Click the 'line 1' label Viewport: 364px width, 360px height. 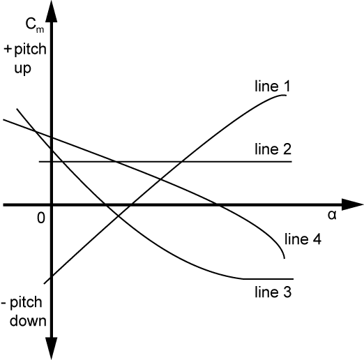point(273,86)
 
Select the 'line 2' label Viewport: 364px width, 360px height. point(273,149)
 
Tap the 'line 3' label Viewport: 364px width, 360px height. point(273,292)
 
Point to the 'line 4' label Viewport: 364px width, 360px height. point(303,239)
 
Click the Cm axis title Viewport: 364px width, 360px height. point(35,25)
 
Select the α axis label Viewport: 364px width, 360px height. point(332,215)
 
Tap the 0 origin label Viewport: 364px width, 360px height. point(41,218)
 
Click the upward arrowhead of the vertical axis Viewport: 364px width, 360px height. point(52,12)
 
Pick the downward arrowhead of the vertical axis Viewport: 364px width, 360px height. point(52,348)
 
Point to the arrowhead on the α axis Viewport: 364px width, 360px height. point(352,204)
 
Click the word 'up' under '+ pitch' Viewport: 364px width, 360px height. point(22,68)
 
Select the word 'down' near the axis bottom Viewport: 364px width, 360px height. point(28,320)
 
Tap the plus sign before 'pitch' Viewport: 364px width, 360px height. point(8,49)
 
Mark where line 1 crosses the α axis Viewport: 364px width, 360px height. point(130,205)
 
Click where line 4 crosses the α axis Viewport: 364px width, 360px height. point(217,205)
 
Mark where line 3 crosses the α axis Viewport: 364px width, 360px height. point(105,205)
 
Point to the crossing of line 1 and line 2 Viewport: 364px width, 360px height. point(182,161)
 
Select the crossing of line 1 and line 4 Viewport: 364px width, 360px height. point(160,179)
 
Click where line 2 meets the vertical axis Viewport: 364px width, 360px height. point(52,161)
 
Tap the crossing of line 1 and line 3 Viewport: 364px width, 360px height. point(119,216)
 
